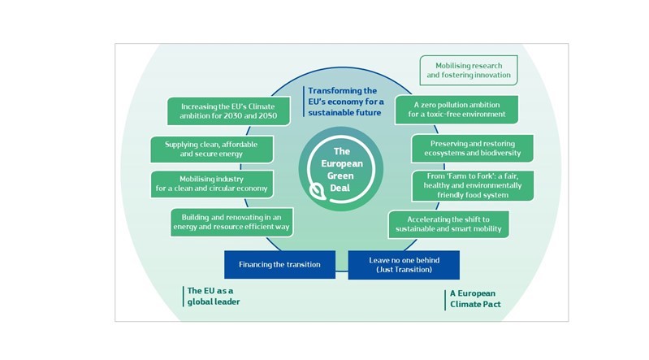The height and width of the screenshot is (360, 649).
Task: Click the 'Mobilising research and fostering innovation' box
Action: (469, 70)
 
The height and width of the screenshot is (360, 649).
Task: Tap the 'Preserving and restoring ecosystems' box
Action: (471, 148)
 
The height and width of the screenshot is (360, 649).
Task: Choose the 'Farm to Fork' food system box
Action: (473, 184)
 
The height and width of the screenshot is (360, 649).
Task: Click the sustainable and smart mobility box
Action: (448, 224)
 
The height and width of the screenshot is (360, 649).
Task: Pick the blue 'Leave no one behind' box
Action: (404, 264)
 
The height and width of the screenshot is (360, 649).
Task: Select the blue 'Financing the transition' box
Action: (279, 264)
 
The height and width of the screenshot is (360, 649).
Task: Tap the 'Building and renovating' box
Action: (231, 222)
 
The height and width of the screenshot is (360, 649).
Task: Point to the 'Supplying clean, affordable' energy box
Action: (212, 149)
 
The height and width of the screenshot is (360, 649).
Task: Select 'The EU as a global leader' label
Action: (214, 296)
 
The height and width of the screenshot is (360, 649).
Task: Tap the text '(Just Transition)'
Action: (404, 269)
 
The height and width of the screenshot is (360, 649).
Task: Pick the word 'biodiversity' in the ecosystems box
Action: (502, 153)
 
